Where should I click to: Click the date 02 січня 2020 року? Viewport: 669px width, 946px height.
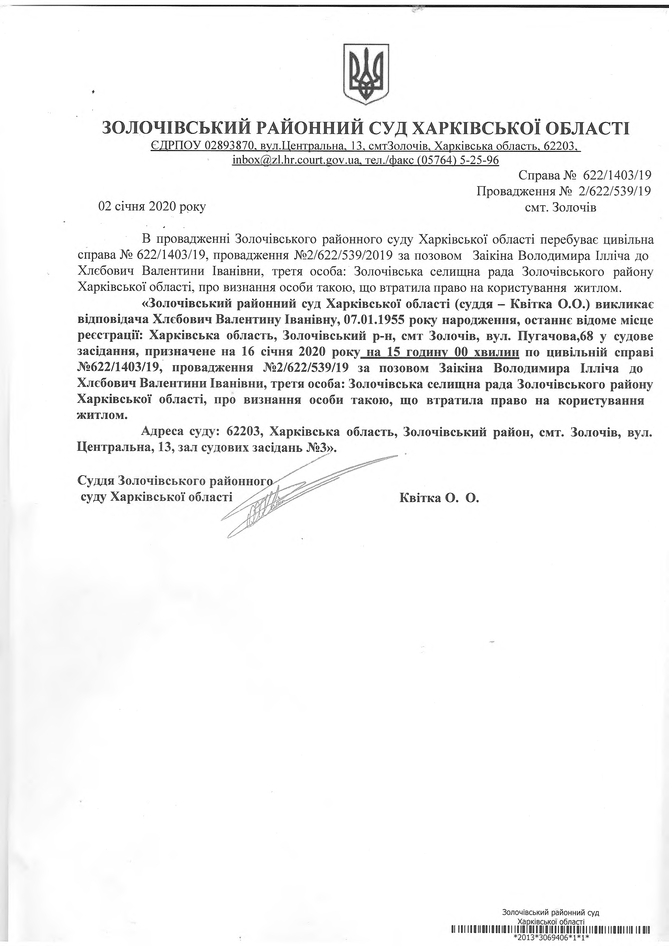[x=152, y=207]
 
